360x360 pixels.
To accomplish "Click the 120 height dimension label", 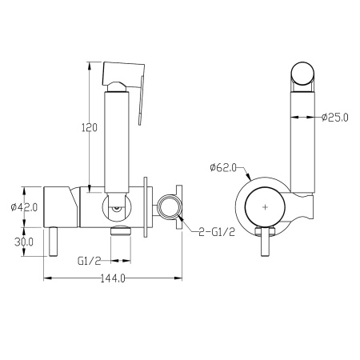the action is click(90, 128).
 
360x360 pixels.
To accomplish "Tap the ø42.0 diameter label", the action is click(24, 207).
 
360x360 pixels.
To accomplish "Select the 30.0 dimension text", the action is click(24, 242).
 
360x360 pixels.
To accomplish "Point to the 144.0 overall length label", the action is click(113, 278).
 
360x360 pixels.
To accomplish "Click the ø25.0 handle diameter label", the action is click(335, 118).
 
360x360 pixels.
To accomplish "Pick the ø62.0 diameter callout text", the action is click(223, 168).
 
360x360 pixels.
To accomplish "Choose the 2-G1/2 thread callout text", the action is click(217, 232).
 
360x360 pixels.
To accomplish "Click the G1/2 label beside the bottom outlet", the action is click(90, 261).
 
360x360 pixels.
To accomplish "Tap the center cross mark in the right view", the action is click(265, 207).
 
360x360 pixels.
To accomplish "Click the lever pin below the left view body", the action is click(53, 242).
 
